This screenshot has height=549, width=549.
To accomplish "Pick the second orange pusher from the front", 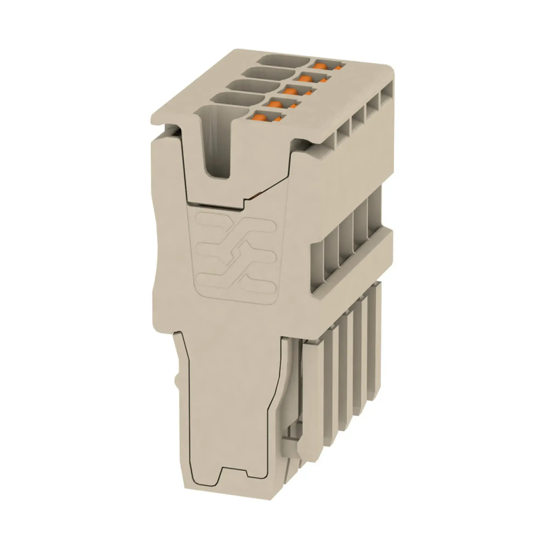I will coord(275,104).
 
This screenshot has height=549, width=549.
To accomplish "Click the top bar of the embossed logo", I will coord(236,225).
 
